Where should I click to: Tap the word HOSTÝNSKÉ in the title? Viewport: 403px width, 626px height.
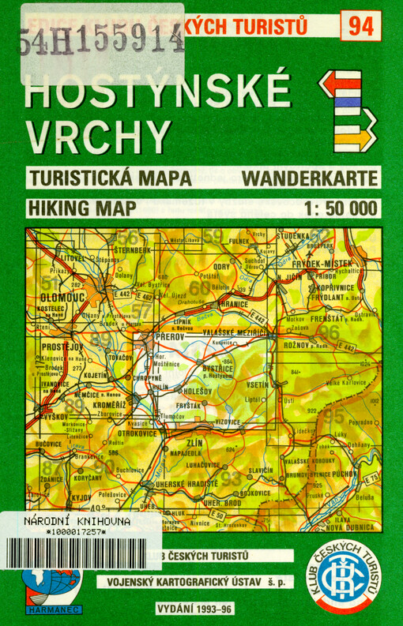coord(157,94)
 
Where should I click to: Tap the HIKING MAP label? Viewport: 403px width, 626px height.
coord(81,208)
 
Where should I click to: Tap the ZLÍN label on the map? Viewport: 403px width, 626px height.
coord(194,443)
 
